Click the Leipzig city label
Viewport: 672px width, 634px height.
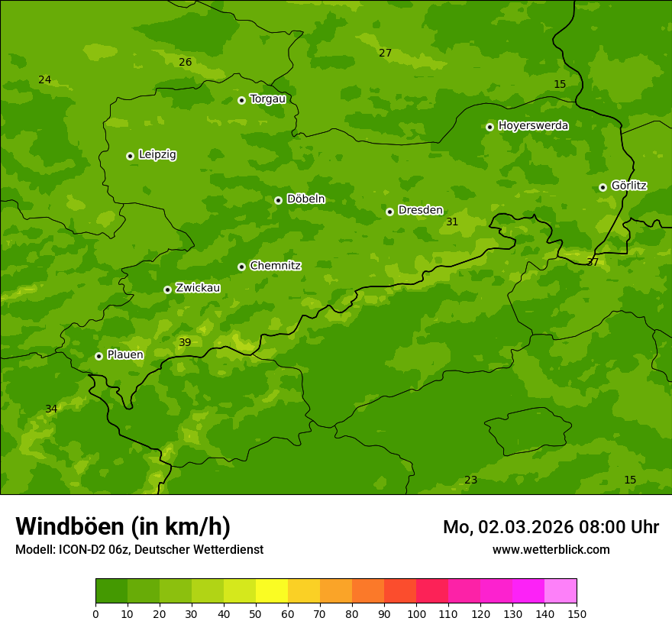(x=157, y=155)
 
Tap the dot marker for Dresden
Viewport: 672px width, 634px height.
(x=389, y=212)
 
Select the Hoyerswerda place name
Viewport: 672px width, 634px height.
(x=533, y=126)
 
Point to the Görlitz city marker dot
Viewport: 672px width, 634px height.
(x=603, y=187)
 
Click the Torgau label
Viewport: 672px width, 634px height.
(x=267, y=99)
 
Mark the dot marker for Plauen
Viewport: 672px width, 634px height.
(x=99, y=356)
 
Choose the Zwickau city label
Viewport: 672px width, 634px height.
(x=198, y=288)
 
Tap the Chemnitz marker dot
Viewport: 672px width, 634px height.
(x=241, y=267)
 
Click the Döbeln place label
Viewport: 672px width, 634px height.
(x=305, y=199)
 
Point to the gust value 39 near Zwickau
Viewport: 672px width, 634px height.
(x=185, y=343)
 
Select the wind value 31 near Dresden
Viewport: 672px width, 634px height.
(x=452, y=222)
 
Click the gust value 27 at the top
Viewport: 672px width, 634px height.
(x=385, y=53)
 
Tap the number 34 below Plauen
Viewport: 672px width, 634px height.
(x=51, y=409)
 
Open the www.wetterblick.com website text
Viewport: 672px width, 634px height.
(x=551, y=550)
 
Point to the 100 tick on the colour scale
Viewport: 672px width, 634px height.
(x=416, y=613)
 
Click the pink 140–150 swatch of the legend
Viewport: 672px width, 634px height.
(x=561, y=591)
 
